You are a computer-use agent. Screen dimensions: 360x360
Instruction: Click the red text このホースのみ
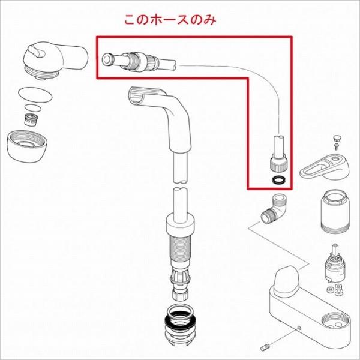tap(169, 20)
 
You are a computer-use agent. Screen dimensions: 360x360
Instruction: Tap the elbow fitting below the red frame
tap(275, 207)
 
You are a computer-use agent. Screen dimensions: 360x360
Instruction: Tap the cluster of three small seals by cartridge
tap(339, 292)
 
